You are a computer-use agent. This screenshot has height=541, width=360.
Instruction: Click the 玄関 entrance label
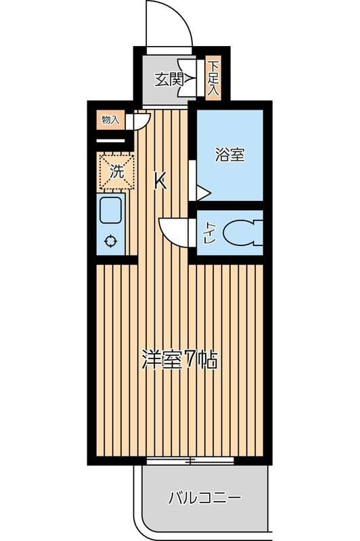pos(169,79)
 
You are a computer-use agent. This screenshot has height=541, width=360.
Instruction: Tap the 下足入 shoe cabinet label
pos(213,79)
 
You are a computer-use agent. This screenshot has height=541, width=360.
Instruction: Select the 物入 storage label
pos(110,120)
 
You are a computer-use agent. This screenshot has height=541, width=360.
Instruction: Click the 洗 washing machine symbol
pos(116,171)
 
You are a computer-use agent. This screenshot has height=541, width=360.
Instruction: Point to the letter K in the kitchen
pos(160,181)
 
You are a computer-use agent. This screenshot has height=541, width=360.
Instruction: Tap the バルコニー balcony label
pos(204,499)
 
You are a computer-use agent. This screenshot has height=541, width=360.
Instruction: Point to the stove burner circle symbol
pos(110,241)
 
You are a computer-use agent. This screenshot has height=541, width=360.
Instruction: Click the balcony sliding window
pos(190,461)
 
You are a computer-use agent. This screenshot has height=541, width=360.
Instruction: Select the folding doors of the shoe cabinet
pos(192,79)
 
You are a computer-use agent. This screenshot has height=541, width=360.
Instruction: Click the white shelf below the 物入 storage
pos(111,141)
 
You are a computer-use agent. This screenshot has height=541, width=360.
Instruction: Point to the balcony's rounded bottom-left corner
pos(145,524)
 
